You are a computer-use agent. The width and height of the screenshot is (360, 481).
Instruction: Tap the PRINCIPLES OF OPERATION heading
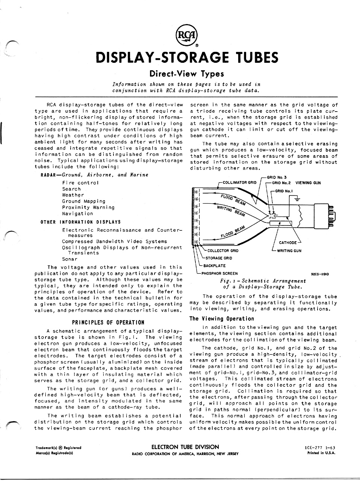(108, 322)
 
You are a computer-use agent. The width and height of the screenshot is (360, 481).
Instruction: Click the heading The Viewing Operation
(222, 319)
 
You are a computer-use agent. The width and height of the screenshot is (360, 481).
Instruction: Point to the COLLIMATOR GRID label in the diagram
(239, 183)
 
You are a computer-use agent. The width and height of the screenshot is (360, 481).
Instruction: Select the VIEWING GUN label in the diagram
(308, 183)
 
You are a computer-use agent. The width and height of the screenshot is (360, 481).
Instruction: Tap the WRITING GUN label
(289, 251)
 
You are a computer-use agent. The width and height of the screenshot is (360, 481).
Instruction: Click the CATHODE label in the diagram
(288, 242)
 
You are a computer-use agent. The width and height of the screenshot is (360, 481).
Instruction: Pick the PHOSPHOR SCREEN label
(219, 273)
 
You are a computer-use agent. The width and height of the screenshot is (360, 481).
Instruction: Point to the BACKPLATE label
(215, 266)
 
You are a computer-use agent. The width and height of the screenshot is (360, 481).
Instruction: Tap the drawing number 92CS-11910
(320, 274)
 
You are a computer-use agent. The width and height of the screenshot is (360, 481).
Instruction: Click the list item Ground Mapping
(83, 201)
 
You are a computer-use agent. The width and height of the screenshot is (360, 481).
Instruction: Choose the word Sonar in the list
(70, 259)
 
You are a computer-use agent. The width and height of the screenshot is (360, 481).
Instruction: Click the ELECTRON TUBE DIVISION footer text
(185, 447)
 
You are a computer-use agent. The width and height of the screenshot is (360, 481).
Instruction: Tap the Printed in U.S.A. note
(321, 453)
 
